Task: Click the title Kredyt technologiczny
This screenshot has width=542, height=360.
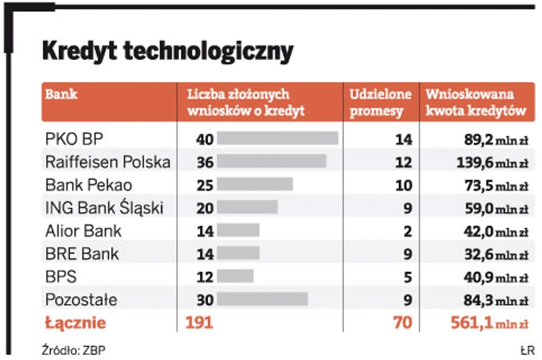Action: pos(168,51)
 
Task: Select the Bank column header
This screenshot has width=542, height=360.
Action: pos(61,95)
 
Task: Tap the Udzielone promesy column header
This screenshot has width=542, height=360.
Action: pos(376,103)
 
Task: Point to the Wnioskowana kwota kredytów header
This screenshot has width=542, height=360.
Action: pos(475,103)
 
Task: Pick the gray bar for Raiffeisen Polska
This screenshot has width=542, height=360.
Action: pos(272,162)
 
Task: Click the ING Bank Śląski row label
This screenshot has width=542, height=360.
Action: pos(104,208)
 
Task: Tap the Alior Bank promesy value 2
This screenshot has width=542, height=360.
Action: pos(407,231)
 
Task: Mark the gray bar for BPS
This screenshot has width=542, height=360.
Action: pos(236,277)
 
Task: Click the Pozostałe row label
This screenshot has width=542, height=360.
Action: pos(81,299)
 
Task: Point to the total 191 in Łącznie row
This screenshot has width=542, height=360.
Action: pos(199,323)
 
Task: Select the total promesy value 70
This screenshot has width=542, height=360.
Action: pos(403,323)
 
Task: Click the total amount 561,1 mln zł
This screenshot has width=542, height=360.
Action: pos(488,323)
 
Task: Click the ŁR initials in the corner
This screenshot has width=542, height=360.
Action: pos(527,350)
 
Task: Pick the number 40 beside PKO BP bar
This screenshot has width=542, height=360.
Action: pos(205,139)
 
